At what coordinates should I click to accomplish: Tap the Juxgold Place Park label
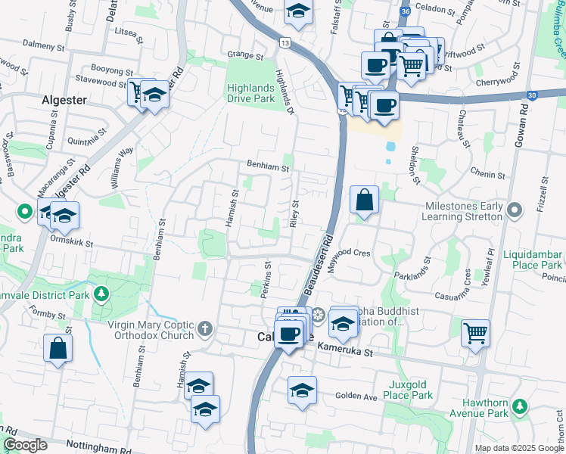click(x=408, y=390)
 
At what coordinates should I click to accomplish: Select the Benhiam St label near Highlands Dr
click(x=269, y=165)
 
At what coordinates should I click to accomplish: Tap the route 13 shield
click(x=285, y=44)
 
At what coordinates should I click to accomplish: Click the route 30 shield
click(x=533, y=95)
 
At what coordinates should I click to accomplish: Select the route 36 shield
click(x=406, y=12)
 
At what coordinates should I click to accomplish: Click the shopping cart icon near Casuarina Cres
click(x=475, y=331)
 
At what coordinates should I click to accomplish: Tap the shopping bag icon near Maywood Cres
click(x=364, y=201)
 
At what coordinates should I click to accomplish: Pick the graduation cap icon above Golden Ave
click(x=301, y=390)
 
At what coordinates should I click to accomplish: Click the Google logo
click(x=26, y=445)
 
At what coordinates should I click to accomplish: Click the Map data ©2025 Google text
click(x=518, y=448)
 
